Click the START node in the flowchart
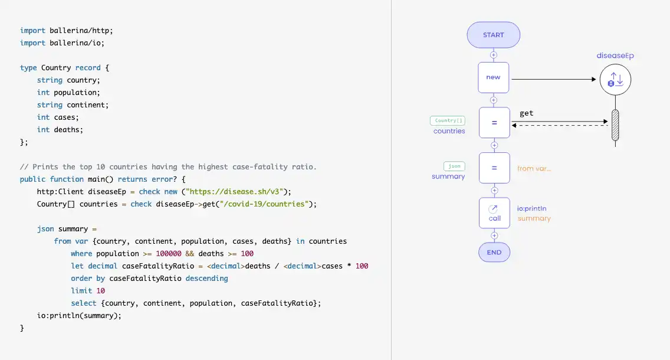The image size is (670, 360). [493, 35]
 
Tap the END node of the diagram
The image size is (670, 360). [494, 252]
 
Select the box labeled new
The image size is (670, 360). [494, 77]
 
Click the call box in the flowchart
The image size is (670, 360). [494, 213]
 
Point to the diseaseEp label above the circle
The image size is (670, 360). [615, 55]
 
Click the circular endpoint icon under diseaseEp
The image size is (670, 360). [615, 80]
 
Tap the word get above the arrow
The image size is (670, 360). [527, 113]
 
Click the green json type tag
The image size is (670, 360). [454, 166]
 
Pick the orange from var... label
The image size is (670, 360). [534, 168]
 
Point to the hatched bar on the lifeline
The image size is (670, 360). [615, 125]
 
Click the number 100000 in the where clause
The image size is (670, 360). [171, 254]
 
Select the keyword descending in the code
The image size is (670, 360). [206, 279]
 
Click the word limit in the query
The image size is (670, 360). [81, 291]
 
